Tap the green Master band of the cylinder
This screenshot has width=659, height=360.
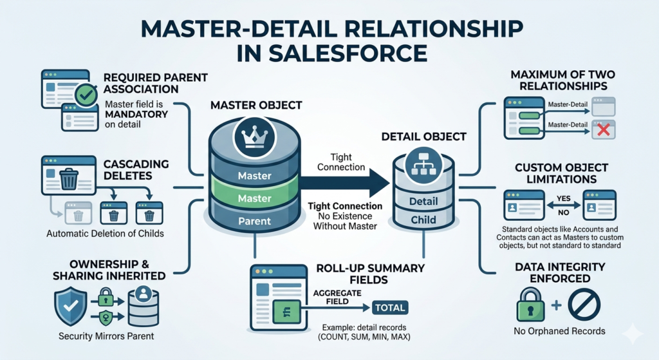(254, 198)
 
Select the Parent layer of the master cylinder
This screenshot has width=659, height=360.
(254, 221)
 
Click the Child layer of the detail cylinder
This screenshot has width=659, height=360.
(424, 220)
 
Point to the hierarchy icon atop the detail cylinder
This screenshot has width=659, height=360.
(424, 163)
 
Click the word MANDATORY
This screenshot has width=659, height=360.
(136, 114)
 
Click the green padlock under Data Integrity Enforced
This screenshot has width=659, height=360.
(530, 305)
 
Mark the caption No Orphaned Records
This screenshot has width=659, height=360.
(559, 331)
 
